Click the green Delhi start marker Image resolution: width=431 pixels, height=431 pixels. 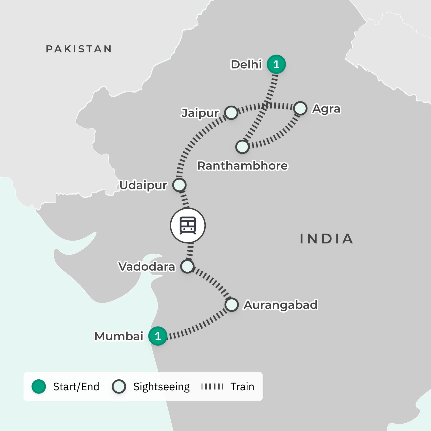click(x=276, y=64)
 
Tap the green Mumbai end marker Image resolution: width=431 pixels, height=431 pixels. click(x=158, y=336)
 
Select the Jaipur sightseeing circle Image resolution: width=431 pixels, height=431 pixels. click(x=231, y=113)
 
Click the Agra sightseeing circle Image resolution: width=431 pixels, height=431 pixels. click(x=300, y=109)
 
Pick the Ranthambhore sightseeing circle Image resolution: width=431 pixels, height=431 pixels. click(x=242, y=147)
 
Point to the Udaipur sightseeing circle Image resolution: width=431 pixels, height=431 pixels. click(x=179, y=185)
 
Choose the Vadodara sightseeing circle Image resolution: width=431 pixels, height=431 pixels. click(x=187, y=266)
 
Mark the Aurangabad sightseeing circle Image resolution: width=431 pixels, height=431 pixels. click(x=231, y=305)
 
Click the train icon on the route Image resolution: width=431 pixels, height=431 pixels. click(x=188, y=225)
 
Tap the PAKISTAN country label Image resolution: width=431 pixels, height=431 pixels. click(x=79, y=49)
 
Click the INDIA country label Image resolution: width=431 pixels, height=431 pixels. click(x=326, y=239)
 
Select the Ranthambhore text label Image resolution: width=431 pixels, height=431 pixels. click(x=242, y=166)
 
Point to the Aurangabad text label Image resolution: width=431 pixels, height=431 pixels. click(x=280, y=305)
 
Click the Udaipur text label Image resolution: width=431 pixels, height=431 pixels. click(x=143, y=185)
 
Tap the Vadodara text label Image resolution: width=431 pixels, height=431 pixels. click(x=147, y=267)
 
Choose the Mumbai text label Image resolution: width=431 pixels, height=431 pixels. click(x=119, y=336)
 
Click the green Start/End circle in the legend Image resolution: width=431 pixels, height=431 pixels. click(x=39, y=387)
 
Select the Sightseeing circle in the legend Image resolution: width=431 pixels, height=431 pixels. click(x=119, y=387)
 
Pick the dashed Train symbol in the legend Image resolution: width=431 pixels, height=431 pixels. click(x=212, y=387)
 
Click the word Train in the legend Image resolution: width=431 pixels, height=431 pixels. click(x=242, y=387)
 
